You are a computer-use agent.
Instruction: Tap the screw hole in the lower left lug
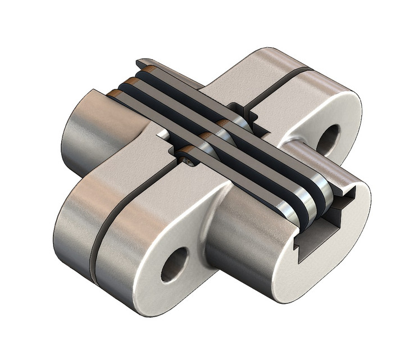174,264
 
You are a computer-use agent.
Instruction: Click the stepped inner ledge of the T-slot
337,217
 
